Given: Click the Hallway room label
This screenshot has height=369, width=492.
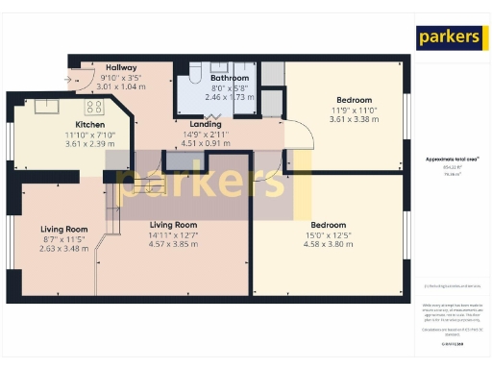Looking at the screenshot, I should pyautogui.click(x=121, y=66).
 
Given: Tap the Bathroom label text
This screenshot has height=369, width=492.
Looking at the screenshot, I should pyautogui.click(x=230, y=78).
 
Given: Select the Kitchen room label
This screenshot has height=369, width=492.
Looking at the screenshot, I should pyautogui.click(x=90, y=125).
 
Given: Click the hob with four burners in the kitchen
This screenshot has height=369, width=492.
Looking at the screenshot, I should pyautogui.click(x=94, y=107).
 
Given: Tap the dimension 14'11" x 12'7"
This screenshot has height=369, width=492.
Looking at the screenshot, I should pyautogui.click(x=173, y=234).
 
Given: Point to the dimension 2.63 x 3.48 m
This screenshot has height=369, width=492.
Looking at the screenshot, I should pyautogui.click(x=64, y=249).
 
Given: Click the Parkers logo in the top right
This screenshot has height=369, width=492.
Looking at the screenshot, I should pyautogui.click(x=448, y=37).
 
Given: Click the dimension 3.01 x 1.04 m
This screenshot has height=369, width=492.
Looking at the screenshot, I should pyautogui.click(x=121, y=86).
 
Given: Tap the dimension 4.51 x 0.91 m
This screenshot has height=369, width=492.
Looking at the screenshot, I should pyautogui.click(x=206, y=144).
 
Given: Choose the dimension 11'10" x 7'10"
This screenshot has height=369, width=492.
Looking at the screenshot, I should pyautogui.click(x=89, y=135).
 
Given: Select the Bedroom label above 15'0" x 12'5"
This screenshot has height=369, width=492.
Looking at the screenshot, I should pyautogui.click(x=329, y=224).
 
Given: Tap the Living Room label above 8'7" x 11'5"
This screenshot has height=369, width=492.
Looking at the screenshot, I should pyautogui.click(x=64, y=229).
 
